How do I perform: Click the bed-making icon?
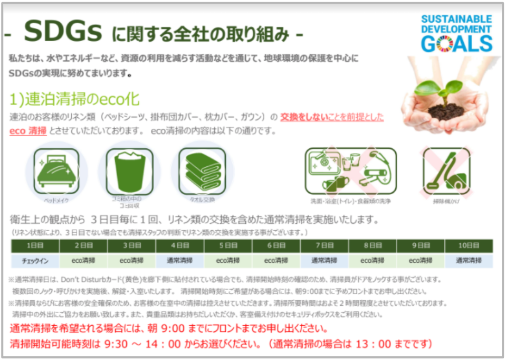click(x=56, y=171)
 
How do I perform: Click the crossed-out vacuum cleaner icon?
click(x=446, y=170)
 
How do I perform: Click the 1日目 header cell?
click(x=35, y=245)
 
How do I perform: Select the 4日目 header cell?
click(x=180, y=245)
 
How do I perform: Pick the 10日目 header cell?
click(x=469, y=245)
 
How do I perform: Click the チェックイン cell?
click(x=35, y=260)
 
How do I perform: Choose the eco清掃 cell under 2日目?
click(x=83, y=260)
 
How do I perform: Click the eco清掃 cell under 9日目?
click(x=421, y=260)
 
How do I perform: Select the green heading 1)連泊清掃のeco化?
click(x=74, y=99)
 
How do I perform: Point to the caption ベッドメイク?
click(x=56, y=200)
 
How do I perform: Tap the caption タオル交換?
click(x=202, y=200)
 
